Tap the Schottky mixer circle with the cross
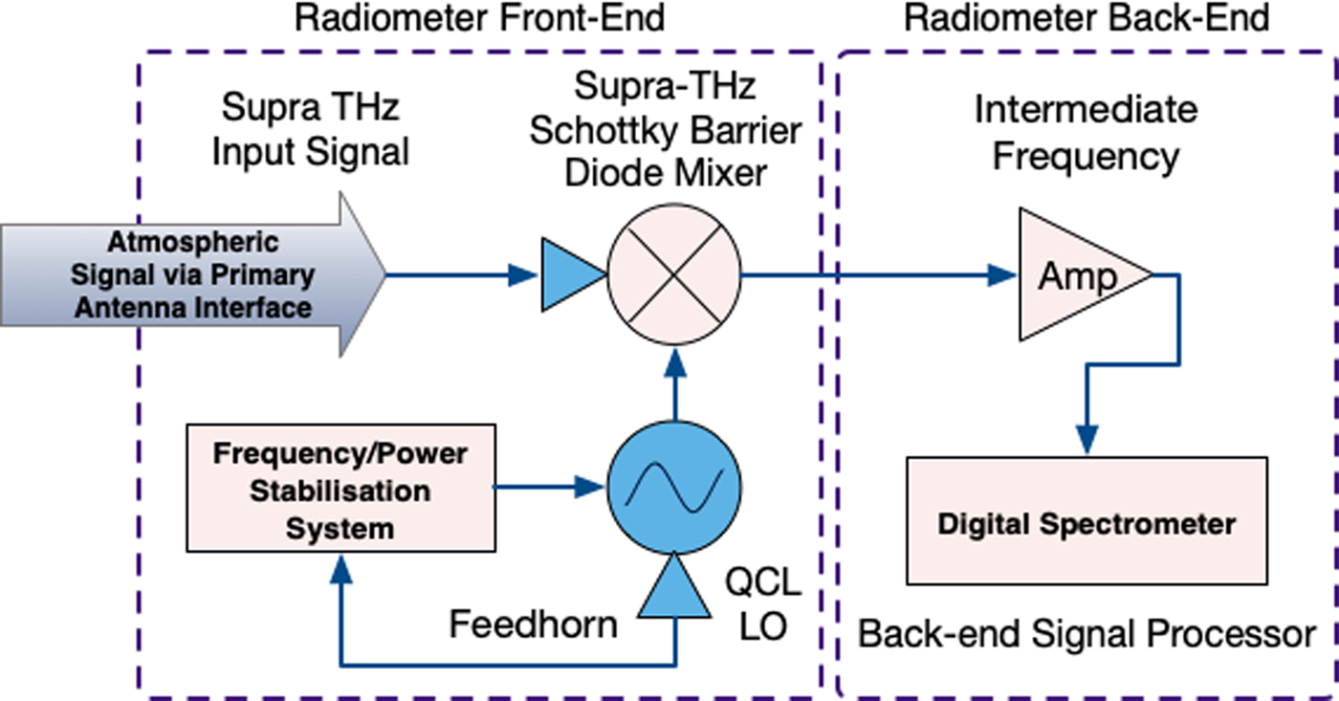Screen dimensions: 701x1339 676,275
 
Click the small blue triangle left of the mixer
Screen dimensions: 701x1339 572,275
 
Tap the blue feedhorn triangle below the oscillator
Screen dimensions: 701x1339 676,589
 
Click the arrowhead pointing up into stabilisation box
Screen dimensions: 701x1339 340,570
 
